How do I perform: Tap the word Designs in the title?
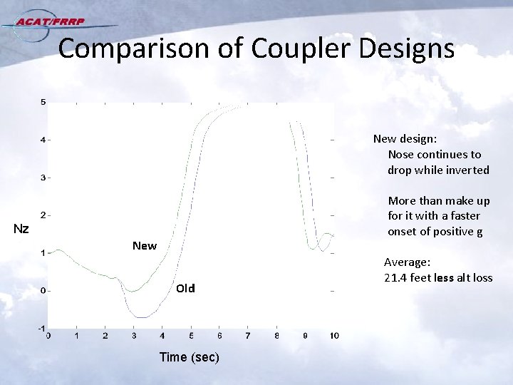click(x=409, y=48)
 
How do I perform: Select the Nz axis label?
click(x=21, y=229)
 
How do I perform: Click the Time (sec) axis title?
click(x=190, y=356)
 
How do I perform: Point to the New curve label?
click(x=145, y=246)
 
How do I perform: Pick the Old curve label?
click(x=185, y=288)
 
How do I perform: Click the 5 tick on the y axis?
click(x=43, y=102)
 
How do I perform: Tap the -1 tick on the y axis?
click(x=41, y=328)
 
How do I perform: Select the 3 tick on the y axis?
click(x=43, y=177)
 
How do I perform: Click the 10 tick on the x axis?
click(x=334, y=336)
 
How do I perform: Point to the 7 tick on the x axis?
click(x=248, y=336)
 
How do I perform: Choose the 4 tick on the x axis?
click(x=162, y=336)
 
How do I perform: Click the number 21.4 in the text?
click(x=396, y=277)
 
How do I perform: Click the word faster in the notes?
click(x=464, y=215)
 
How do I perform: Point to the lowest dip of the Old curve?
click(x=142, y=317)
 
